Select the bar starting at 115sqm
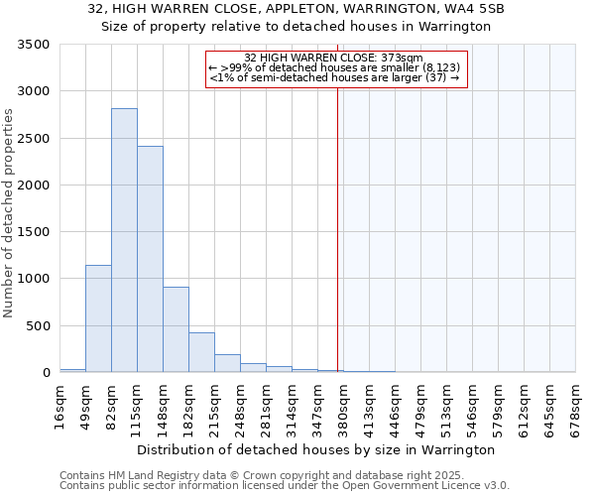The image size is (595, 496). coord(150,259)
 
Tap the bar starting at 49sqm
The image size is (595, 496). coord(98,318)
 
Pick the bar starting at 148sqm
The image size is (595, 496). coord(176,329)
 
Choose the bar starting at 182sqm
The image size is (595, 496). coord(201,352)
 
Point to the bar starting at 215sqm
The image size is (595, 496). coord(227,363)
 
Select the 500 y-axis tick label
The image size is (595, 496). coord(38,326)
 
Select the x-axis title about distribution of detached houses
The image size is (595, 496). coord(315,449)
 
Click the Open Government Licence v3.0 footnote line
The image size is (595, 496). coord(285,486)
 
